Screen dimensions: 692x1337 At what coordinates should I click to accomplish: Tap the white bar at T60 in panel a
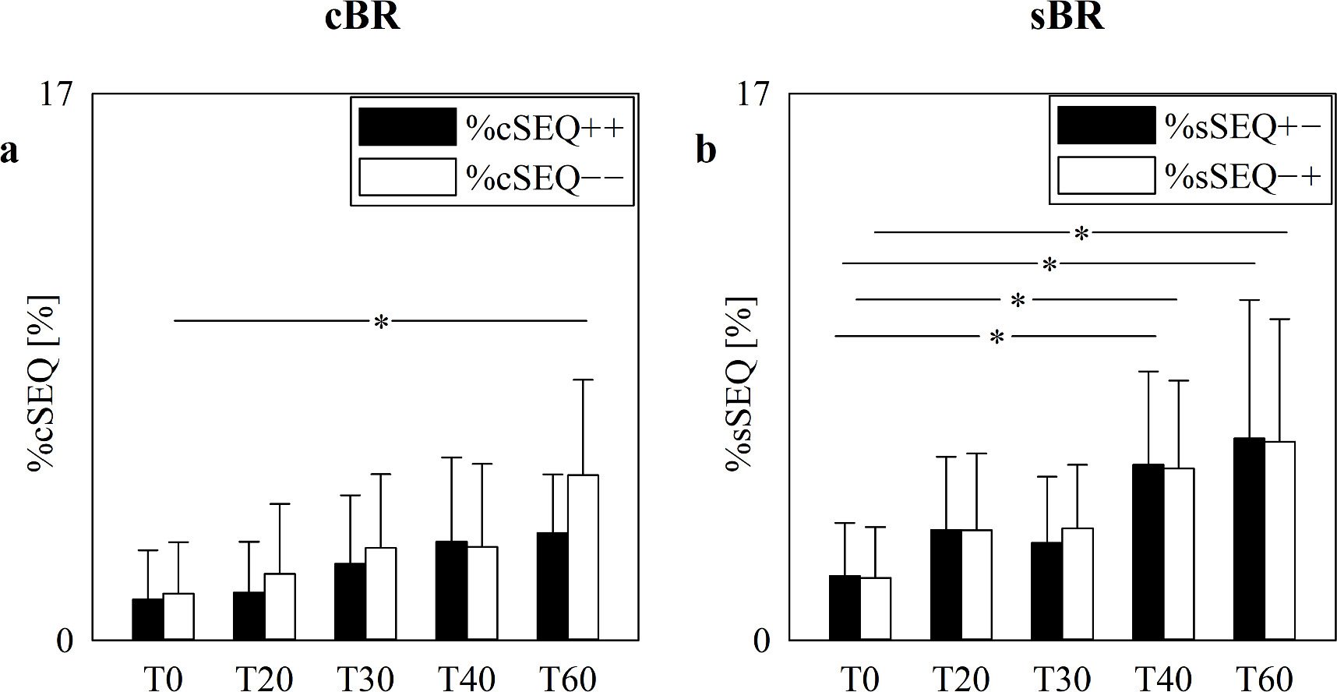pyautogui.click(x=583, y=557)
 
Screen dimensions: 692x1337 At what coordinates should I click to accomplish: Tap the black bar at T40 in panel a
pyautogui.click(x=451, y=590)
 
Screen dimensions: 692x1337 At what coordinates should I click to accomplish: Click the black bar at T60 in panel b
pyautogui.click(x=1249, y=538)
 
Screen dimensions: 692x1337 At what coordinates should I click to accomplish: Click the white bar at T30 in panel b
pyautogui.click(x=1078, y=584)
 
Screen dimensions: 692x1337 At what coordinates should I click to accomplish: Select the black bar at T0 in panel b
pyautogui.click(x=845, y=607)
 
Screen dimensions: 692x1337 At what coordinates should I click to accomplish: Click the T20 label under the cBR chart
pyautogui.click(x=264, y=679)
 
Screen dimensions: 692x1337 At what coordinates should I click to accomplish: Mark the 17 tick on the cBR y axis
pyautogui.click(x=58, y=94)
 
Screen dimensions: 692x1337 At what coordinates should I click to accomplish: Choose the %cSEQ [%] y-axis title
pyautogui.click(x=43, y=383)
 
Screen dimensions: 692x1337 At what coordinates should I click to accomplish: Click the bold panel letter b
pyautogui.click(x=706, y=150)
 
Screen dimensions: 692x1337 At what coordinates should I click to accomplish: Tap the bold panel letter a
pyautogui.click(x=9, y=150)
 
